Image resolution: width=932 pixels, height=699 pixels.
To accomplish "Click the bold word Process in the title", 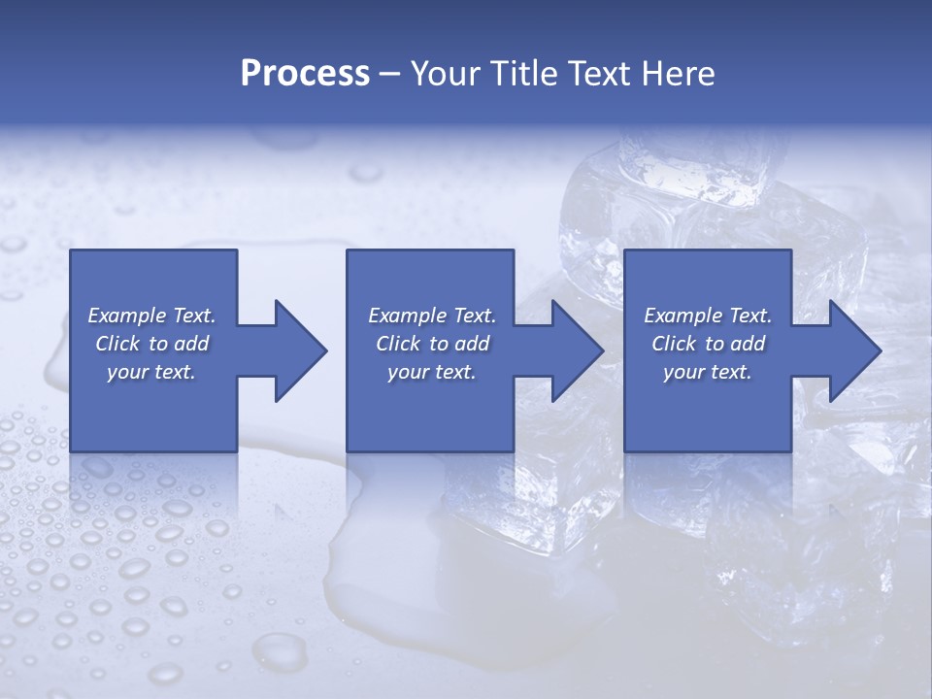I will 305,74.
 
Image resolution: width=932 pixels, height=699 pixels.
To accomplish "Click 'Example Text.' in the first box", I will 151,316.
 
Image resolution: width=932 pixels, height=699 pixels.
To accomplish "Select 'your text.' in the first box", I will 151,372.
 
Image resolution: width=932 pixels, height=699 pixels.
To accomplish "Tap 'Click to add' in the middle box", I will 432,344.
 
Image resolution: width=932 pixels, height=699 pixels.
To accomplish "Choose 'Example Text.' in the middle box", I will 432,316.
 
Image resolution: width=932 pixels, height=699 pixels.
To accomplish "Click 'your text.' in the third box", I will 708,372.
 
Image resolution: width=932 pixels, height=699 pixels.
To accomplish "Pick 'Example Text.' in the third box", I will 708,316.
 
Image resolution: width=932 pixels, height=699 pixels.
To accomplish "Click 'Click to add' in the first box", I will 151,344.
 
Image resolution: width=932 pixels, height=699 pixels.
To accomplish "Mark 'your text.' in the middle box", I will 432,372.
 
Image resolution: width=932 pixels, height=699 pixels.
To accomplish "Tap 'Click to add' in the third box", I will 708,344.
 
